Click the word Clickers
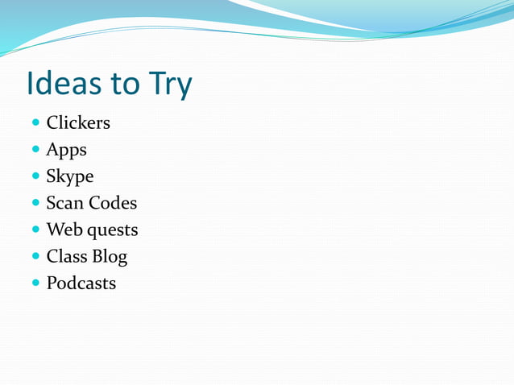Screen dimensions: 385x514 pyautogui.click(x=78, y=123)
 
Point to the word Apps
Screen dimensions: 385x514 pyautogui.click(x=66, y=151)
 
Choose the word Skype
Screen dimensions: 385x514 pyautogui.click(x=70, y=177)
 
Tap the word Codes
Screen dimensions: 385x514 pyautogui.click(x=112, y=203)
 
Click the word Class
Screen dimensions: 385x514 pyautogui.click(x=66, y=257)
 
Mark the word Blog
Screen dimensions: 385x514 pyautogui.click(x=110, y=258)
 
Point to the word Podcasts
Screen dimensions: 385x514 pyautogui.click(x=81, y=284)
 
